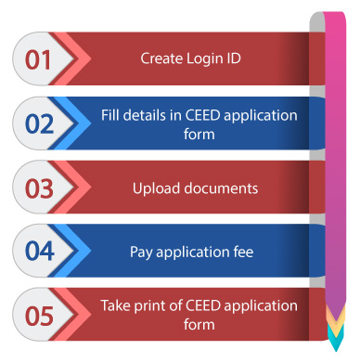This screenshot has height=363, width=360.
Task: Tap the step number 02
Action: tap(38, 123)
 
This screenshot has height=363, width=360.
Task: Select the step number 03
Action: tap(38, 188)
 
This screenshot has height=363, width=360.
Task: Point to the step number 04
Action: tap(38, 252)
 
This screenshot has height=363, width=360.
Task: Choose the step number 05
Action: tap(38, 316)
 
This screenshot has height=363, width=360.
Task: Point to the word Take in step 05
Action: tap(115, 306)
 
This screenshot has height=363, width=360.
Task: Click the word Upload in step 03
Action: tap(154, 188)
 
